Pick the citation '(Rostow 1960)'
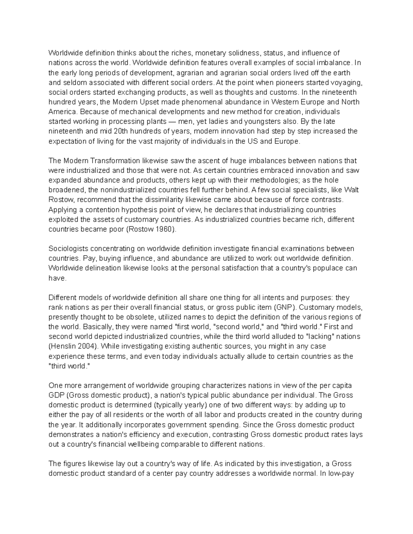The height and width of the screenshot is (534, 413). coord(152,229)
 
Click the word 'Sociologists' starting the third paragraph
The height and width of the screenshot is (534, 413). coord(67,249)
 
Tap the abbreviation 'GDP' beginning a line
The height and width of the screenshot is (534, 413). coord(56,395)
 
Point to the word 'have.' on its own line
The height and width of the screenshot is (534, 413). coord(56,278)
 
